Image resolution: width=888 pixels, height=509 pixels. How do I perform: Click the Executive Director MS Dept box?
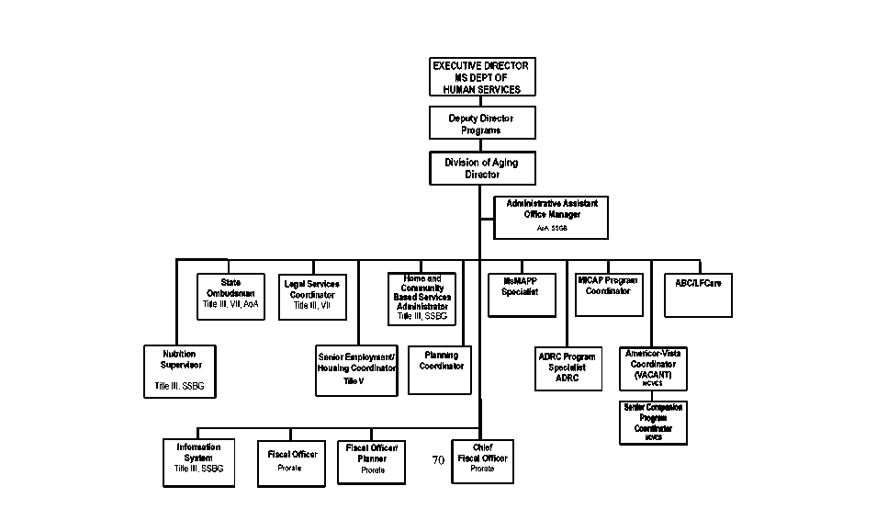481,77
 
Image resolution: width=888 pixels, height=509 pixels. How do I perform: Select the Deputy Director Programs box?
481,124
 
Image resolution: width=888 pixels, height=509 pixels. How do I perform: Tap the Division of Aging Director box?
481,168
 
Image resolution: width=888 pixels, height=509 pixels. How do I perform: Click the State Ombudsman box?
230,296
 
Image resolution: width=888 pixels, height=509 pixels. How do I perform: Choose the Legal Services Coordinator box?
311,296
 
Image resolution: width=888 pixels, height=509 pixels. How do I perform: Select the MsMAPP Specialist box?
519,294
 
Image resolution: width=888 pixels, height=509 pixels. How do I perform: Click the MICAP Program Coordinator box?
608,294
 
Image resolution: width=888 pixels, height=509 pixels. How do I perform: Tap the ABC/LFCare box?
698,294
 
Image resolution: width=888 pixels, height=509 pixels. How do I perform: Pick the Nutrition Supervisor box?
179,370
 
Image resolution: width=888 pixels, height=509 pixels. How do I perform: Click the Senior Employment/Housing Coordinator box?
356,369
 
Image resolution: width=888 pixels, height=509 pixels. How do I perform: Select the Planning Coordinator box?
440,369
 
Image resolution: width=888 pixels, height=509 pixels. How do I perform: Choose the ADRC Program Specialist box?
567,368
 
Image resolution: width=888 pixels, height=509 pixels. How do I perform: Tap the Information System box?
198,462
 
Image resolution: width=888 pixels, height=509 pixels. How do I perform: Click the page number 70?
438,459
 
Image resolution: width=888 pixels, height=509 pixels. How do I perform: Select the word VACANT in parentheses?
653,375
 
